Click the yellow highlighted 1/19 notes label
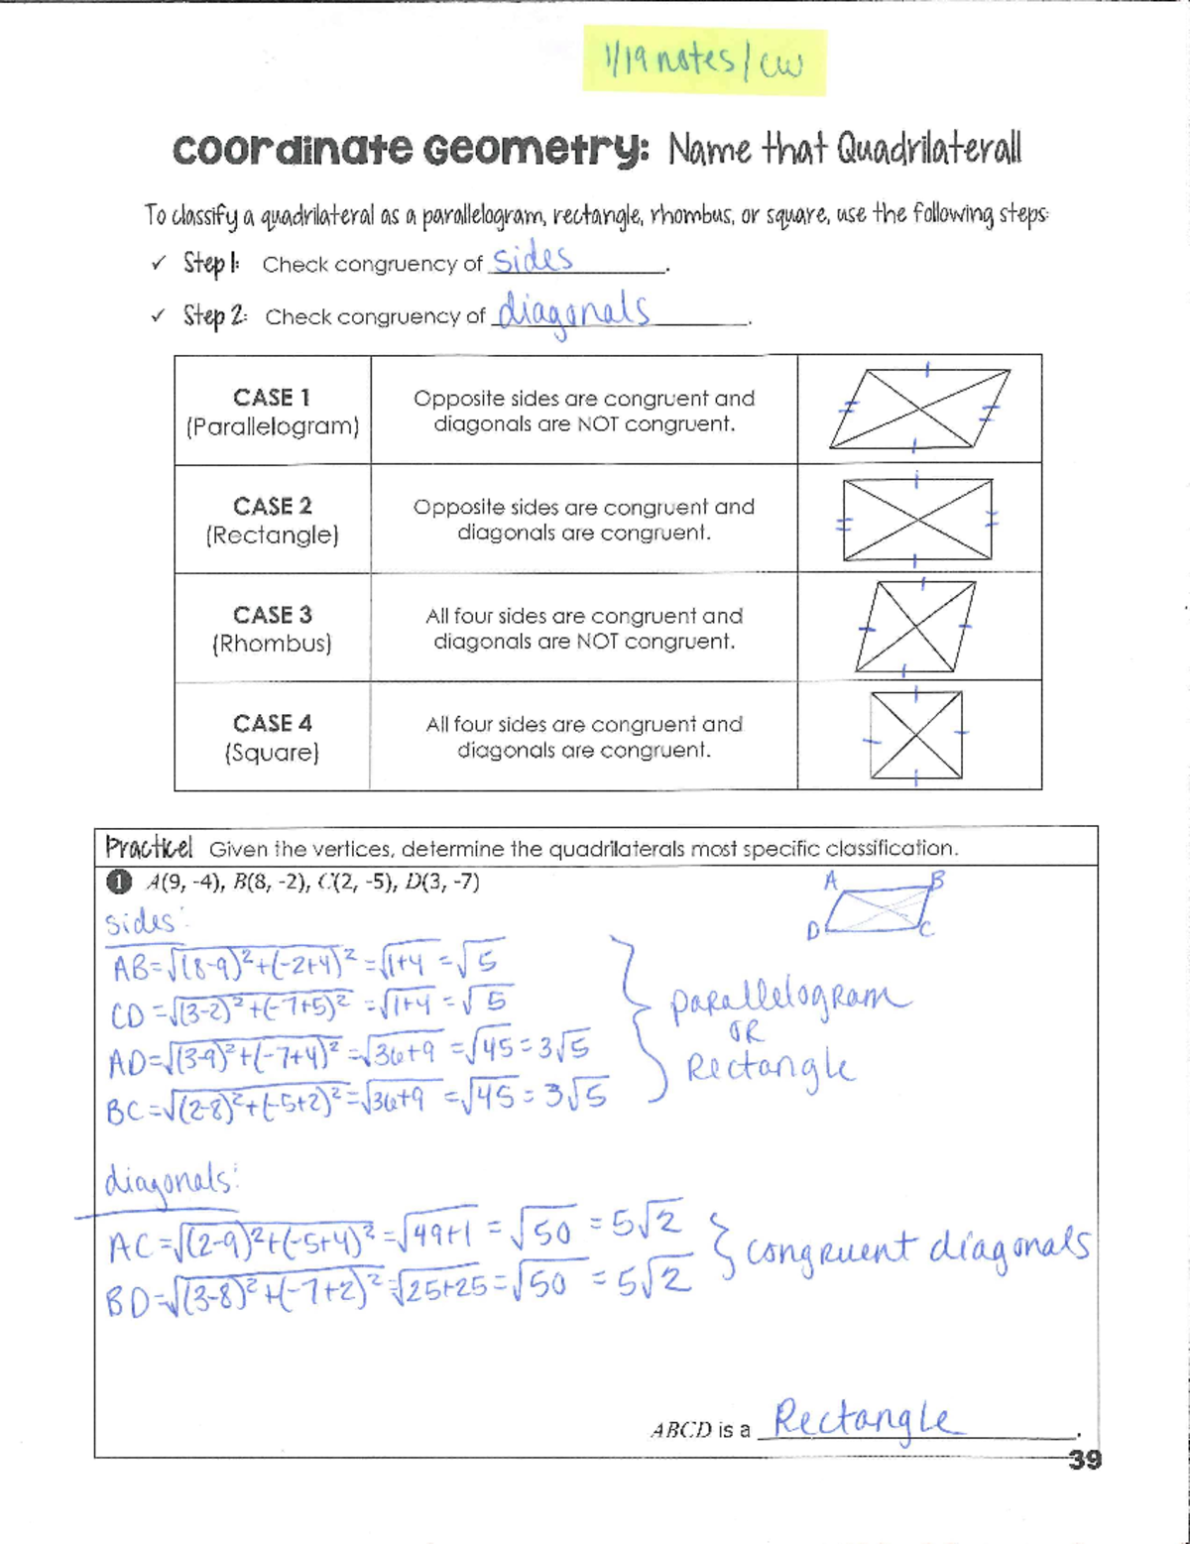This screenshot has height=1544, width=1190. pos(703,60)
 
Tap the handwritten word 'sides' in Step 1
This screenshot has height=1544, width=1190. pos(533,260)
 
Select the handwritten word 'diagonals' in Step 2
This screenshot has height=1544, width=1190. pos(573,312)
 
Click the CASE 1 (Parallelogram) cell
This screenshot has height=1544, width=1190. pos(273,411)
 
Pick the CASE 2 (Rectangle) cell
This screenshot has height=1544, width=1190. pos(273,520)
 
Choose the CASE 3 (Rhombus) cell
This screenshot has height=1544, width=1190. pos(273,629)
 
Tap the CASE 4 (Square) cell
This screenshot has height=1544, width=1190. pos(273,737)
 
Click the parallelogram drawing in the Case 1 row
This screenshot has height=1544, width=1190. pos(919,409)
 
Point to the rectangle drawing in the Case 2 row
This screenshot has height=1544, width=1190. pos(917,520)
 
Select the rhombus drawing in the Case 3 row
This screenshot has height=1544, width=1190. pos(914,628)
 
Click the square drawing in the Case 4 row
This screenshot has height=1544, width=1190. pos(915,735)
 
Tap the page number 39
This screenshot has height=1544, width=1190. pos(1085,1459)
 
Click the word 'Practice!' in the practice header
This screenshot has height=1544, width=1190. pos(149,848)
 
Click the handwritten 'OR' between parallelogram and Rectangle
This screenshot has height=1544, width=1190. pos(746,1032)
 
